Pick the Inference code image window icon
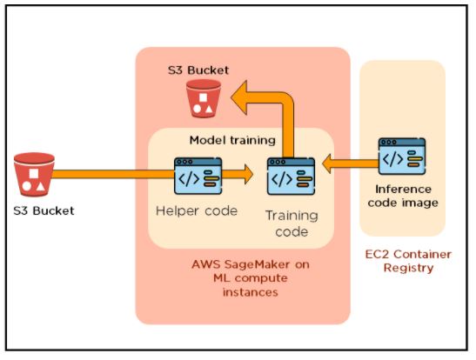pyautogui.click(x=401, y=157)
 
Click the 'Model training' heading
pyautogui.click(x=232, y=140)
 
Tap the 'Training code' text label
pyautogui.click(x=292, y=223)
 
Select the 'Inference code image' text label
pyautogui.click(x=406, y=196)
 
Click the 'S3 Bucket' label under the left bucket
pyautogui.click(x=44, y=210)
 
